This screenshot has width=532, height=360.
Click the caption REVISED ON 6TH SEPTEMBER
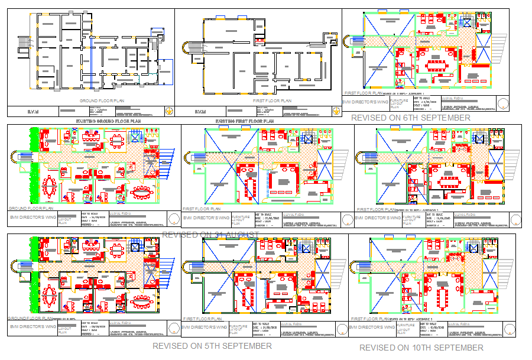pyautogui.click(x=410, y=118)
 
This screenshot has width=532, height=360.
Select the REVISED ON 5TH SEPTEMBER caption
pyautogui.click(x=212, y=346)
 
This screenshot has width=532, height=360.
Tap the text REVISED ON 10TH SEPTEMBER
pyautogui.click(x=421, y=348)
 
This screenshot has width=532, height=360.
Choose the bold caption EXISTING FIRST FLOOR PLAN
pyautogui.click(x=245, y=121)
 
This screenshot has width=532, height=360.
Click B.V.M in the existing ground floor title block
pyautogui.click(x=33, y=111)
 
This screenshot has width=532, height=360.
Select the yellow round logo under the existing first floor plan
pyautogui.click(x=335, y=111)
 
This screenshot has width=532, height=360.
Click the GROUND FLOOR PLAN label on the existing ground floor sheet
pyautogui.click(x=99, y=101)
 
